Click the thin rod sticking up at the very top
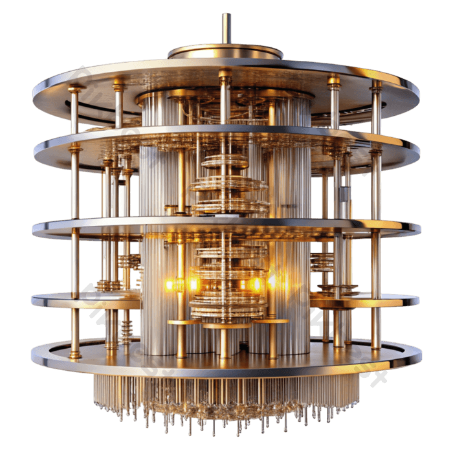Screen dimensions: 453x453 [226, 27]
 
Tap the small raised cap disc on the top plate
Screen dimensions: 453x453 [225, 51]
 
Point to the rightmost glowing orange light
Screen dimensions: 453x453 [272, 281]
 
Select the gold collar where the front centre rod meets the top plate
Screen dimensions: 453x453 [225, 76]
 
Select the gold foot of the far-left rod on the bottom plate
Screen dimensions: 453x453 [75, 354]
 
